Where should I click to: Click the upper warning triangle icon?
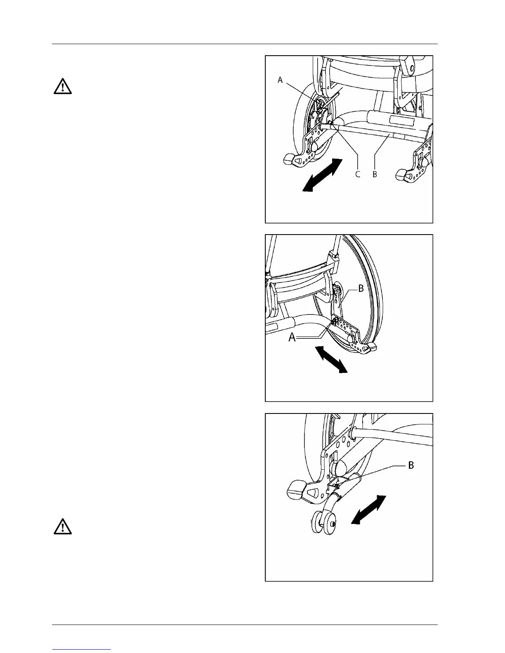pos(62,87)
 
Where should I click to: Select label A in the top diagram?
pos(280,80)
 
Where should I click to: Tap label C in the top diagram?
pos(358,174)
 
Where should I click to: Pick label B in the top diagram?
pos(375,174)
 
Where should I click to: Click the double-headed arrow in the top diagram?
pos(323,175)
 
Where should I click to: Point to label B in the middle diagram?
pos(361,289)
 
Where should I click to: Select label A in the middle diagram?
pos(292,338)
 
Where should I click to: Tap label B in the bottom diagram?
pos(411,465)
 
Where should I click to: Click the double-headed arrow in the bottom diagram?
pos(368,510)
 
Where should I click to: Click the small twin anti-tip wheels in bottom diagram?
pos(323,523)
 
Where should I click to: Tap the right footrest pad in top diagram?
pos(401,175)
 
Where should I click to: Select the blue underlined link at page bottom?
pos(82,649)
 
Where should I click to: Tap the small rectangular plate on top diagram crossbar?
pos(401,120)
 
